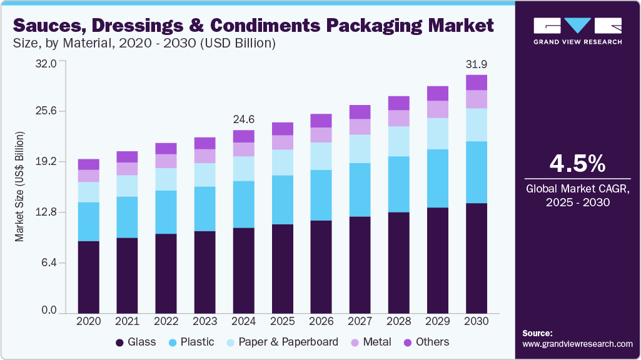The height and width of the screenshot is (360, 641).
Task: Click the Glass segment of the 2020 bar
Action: pyautogui.click(x=88, y=277)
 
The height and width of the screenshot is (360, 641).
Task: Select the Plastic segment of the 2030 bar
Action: pyautogui.click(x=477, y=172)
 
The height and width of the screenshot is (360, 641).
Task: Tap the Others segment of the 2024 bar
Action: pyautogui.click(x=243, y=136)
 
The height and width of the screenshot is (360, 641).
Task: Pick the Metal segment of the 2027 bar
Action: pyautogui.click(x=360, y=127)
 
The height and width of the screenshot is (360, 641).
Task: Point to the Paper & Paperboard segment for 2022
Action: pyautogui.click(x=166, y=179)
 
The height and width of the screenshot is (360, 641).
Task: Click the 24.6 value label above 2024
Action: pyautogui.click(x=243, y=119)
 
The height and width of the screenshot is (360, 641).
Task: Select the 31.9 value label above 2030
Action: pyautogui.click(x=477, y=64)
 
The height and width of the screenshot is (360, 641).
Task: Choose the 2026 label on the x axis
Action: pyautogui.click(x=321, y=321)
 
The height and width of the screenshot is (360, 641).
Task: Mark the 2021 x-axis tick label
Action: pyautogui.click(x=127, y=321)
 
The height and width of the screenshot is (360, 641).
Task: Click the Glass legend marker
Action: pyautogui.click(x=119, y=342)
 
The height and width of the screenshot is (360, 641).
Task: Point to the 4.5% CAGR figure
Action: pyautogui.click(x=577, y=163)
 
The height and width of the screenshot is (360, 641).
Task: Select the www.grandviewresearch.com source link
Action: pyautogui.click(x=577, y=344)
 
